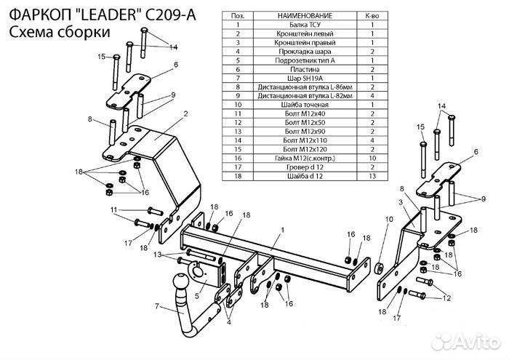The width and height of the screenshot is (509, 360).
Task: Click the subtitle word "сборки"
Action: (x=86, y=32)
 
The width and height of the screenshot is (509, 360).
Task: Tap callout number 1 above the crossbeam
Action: (x=281, y=230)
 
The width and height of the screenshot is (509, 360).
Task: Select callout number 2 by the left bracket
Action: (x=185, y=113)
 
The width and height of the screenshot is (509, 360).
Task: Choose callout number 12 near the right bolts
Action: (x=446, y=299)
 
